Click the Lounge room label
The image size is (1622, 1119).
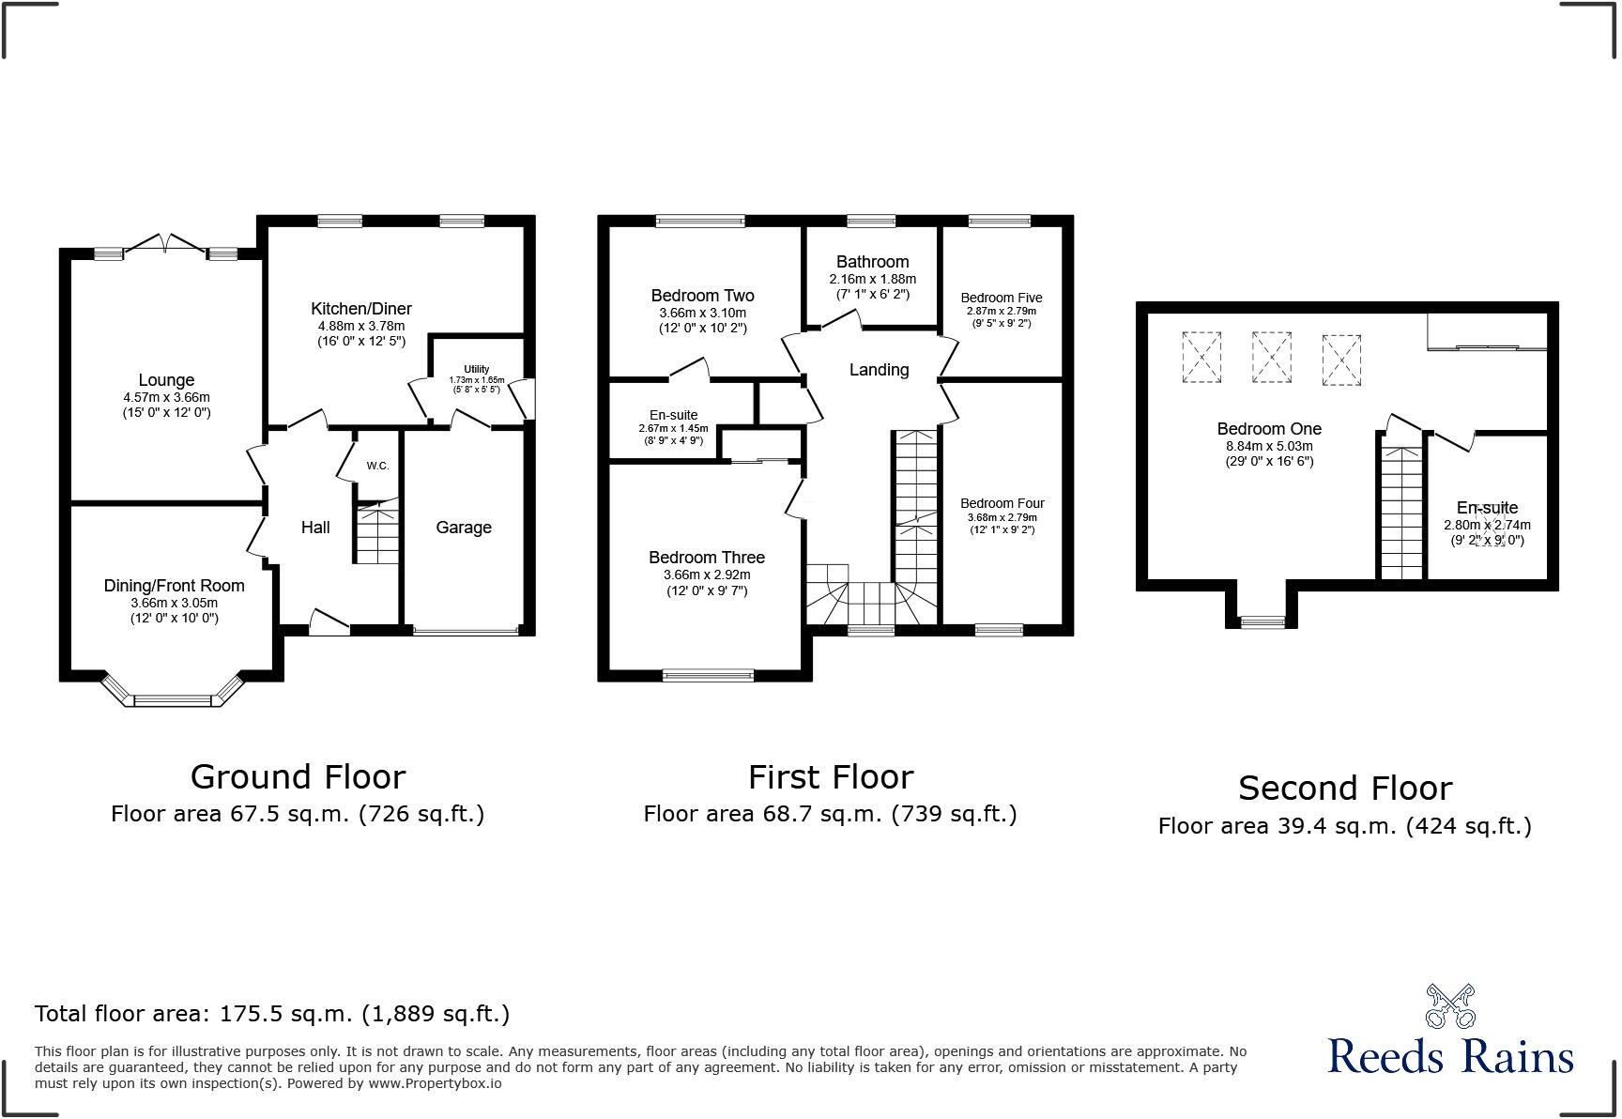[166, 380]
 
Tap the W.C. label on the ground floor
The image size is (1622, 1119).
[377, 466]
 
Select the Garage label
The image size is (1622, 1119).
[464, 528]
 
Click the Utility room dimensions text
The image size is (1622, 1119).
[477, 384]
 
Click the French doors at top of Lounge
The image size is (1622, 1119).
[165, 244]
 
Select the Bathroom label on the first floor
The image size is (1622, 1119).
[872, 262]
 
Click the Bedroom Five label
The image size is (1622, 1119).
[1002, 298]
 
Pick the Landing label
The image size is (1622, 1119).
[879, 370]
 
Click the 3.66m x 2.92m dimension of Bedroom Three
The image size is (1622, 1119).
[707, 575]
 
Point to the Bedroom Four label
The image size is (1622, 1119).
[1002, 503]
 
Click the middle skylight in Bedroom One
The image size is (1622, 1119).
[1271, 358]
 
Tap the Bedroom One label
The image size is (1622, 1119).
[1269, 429]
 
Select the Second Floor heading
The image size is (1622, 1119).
[1344, 788]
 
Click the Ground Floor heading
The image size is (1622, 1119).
[298, 776]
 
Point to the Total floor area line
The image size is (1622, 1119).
[272, 1014]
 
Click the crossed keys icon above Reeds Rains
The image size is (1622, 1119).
[1450, 1006]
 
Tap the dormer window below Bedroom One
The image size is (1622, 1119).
[1262, 621]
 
